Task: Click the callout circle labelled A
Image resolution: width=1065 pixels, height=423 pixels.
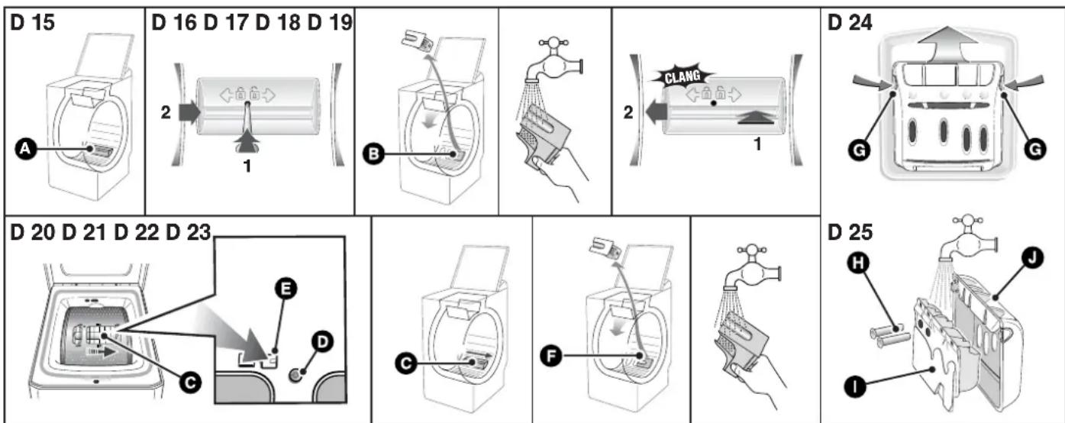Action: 26,149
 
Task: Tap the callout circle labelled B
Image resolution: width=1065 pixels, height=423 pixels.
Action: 373,153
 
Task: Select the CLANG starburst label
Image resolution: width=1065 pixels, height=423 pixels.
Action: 682,76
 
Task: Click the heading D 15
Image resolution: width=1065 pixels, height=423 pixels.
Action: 32,22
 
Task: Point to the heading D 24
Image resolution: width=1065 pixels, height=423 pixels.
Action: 850,22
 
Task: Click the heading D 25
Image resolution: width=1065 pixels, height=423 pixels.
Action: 850,232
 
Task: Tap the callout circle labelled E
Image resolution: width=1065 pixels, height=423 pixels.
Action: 286,289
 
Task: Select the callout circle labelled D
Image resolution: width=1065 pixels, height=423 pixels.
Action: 322,342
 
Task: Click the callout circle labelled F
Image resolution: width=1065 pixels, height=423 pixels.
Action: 551,356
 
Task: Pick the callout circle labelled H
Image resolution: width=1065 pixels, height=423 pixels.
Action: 858,263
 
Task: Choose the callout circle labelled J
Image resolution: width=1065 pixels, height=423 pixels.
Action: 1032,258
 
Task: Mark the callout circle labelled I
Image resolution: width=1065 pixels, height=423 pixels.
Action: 854,387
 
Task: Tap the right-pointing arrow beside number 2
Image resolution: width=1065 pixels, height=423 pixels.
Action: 189,112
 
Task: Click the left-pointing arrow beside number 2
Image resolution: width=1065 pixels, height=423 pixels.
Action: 657,112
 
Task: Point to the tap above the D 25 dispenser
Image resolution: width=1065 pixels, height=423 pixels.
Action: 967,237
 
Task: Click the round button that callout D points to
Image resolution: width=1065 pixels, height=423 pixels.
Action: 295,376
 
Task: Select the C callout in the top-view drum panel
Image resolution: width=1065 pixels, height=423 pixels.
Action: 190,383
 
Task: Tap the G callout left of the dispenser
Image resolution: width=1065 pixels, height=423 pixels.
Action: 859,150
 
